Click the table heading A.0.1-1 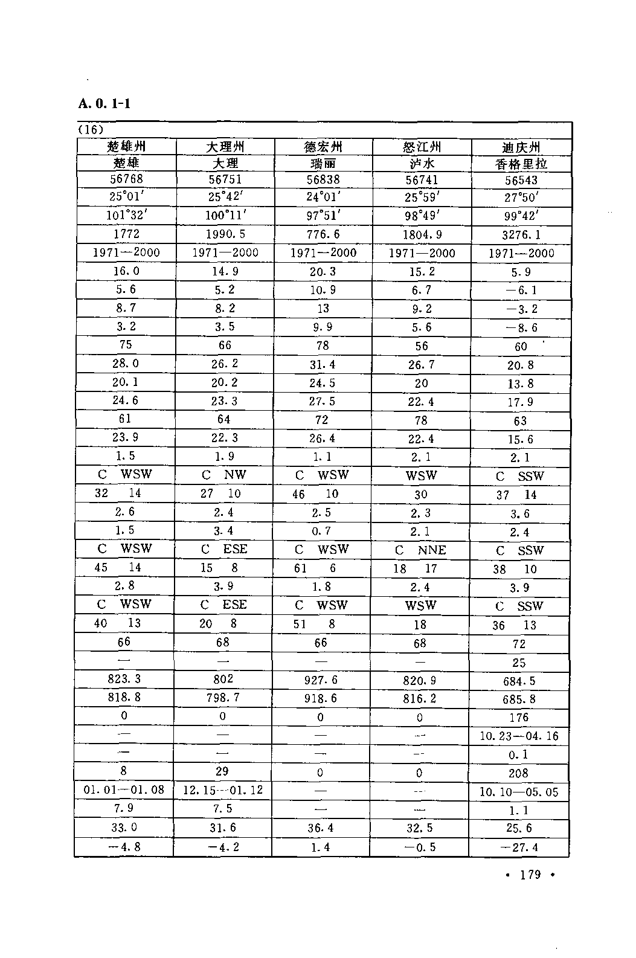104,103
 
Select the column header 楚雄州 126,146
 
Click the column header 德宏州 323,147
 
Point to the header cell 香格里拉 520,164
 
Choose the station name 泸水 421,163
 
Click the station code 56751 225,179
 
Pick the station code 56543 520,180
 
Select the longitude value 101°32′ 126,216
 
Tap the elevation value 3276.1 521,234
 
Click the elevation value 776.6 323,234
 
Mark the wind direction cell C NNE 420,550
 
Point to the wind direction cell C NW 224,475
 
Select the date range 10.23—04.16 519,736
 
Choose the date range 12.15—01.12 223,790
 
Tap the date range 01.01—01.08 124,790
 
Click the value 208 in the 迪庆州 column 518,773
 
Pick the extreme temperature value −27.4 519,847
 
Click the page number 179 530,875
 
